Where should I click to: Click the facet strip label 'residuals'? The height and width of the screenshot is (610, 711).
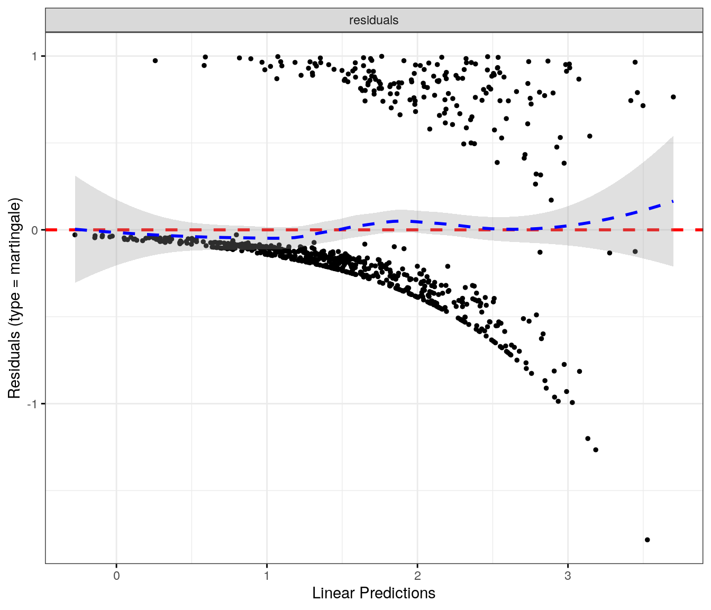pos(373,21)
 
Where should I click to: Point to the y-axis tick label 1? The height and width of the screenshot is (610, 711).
pos(35,56)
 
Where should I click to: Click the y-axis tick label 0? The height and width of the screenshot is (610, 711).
pos(35,230)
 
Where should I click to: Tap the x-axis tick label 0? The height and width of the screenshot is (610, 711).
pos(116,576)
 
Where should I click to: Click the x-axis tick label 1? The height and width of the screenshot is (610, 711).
pos(267,576)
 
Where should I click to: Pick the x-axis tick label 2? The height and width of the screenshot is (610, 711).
pos(417,576)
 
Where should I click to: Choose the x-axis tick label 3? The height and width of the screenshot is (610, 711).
pos(568,576)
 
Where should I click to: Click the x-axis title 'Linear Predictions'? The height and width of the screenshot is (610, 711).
pos(373,593)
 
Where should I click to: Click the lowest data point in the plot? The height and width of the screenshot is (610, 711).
pos(648,540)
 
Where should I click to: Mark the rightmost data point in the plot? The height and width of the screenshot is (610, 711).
pos(673,97)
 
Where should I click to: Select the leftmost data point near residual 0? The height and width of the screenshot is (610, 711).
pos(75,235)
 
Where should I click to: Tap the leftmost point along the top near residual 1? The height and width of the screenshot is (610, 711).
pos(155,60)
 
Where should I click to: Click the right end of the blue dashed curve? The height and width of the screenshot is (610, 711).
pos(673,201)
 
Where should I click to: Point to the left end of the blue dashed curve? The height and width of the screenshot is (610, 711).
pos(76,229)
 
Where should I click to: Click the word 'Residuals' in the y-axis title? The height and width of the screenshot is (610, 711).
pos(14,365)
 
